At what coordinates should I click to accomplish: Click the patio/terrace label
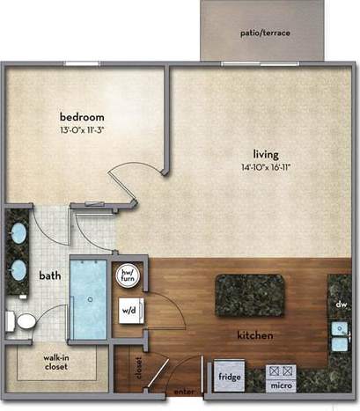pos(265,33)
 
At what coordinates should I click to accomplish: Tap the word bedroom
pos(82,117)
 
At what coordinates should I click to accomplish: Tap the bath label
pos(49,275)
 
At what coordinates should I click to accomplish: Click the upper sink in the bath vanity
pos(18,236)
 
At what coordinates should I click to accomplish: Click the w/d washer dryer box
pos(129,311)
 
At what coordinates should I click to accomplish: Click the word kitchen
pos(254,335)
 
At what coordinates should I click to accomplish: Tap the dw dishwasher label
pos(341,305)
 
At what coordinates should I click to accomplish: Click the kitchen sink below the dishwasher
pos(340,334)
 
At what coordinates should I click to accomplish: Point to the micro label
pos(282,385)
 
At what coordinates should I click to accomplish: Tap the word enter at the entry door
pos(184,390)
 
